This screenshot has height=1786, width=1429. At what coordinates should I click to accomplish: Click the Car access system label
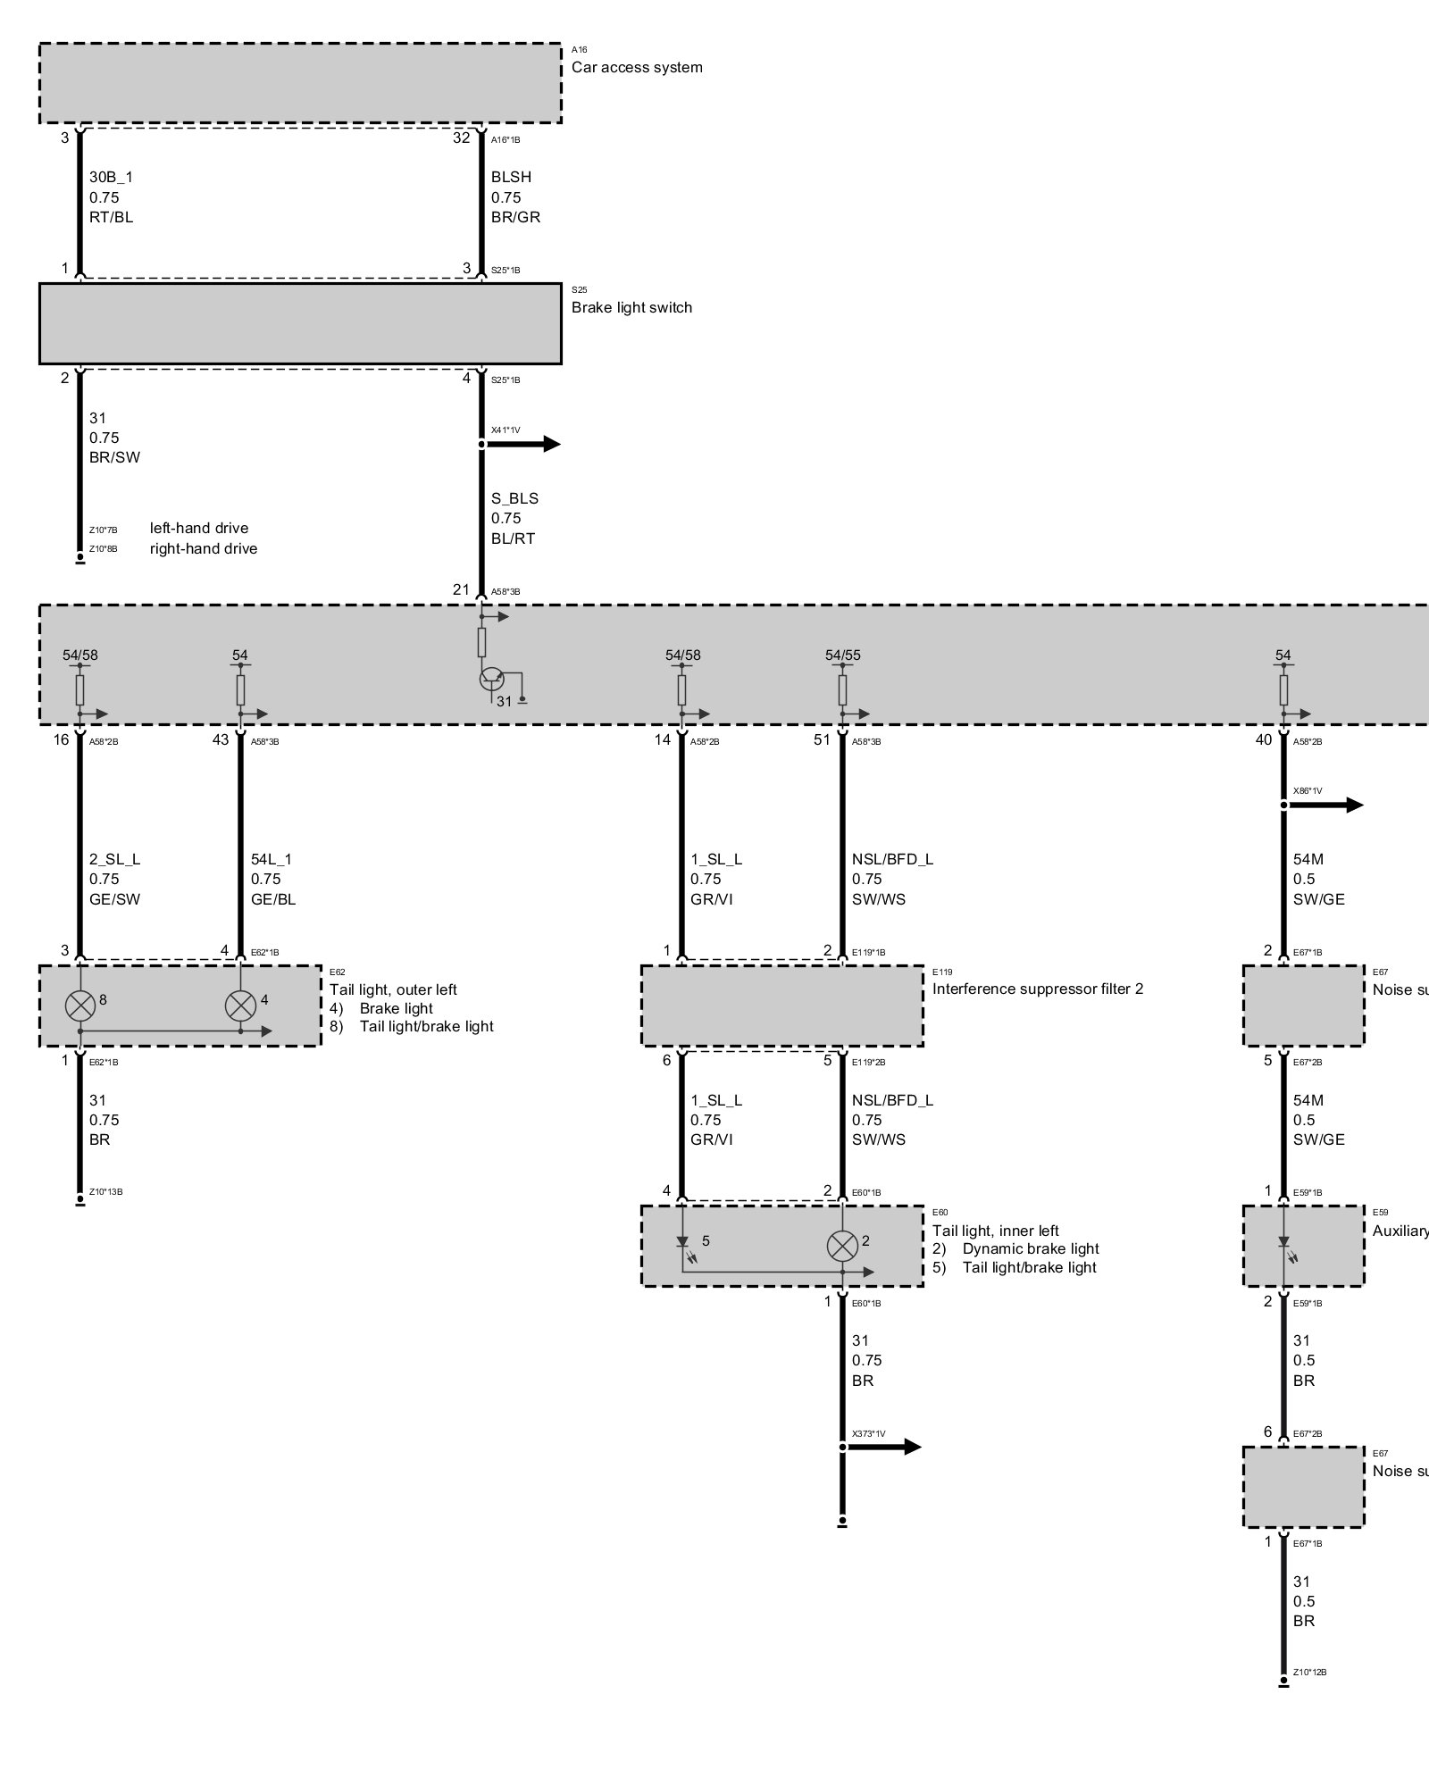(x=637, y=67)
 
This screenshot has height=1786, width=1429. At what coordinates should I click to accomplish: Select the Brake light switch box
(x=300, y=323)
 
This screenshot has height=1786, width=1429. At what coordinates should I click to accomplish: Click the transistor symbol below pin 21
(x=491, y=679)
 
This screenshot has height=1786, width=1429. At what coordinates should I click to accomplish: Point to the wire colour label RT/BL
(x=111, y=217)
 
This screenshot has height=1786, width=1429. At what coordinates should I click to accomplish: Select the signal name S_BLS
(x=514, y=498)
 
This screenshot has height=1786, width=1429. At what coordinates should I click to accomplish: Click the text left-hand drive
(x=199, y=528)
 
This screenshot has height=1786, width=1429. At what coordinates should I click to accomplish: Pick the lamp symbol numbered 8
(x=80, y=1006)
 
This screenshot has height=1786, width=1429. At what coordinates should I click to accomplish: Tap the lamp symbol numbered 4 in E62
(x=239, y=1006)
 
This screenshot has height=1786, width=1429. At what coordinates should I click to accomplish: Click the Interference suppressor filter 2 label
(x=1038, y=989)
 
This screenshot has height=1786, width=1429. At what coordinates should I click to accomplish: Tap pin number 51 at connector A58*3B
(x=822, y=739)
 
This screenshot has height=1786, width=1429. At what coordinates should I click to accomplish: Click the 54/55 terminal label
(x=843, y=655)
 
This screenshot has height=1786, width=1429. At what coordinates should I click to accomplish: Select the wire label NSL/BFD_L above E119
(x=892, y=859)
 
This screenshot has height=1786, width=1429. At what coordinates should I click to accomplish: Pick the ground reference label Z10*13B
(x=106, y=1192)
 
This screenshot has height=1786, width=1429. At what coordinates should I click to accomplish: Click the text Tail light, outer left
(x=393, y=989)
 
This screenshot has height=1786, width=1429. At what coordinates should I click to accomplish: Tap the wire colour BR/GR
(x=515, y=217)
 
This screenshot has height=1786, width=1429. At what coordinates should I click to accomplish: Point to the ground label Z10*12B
(x=1309, y=1673)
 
